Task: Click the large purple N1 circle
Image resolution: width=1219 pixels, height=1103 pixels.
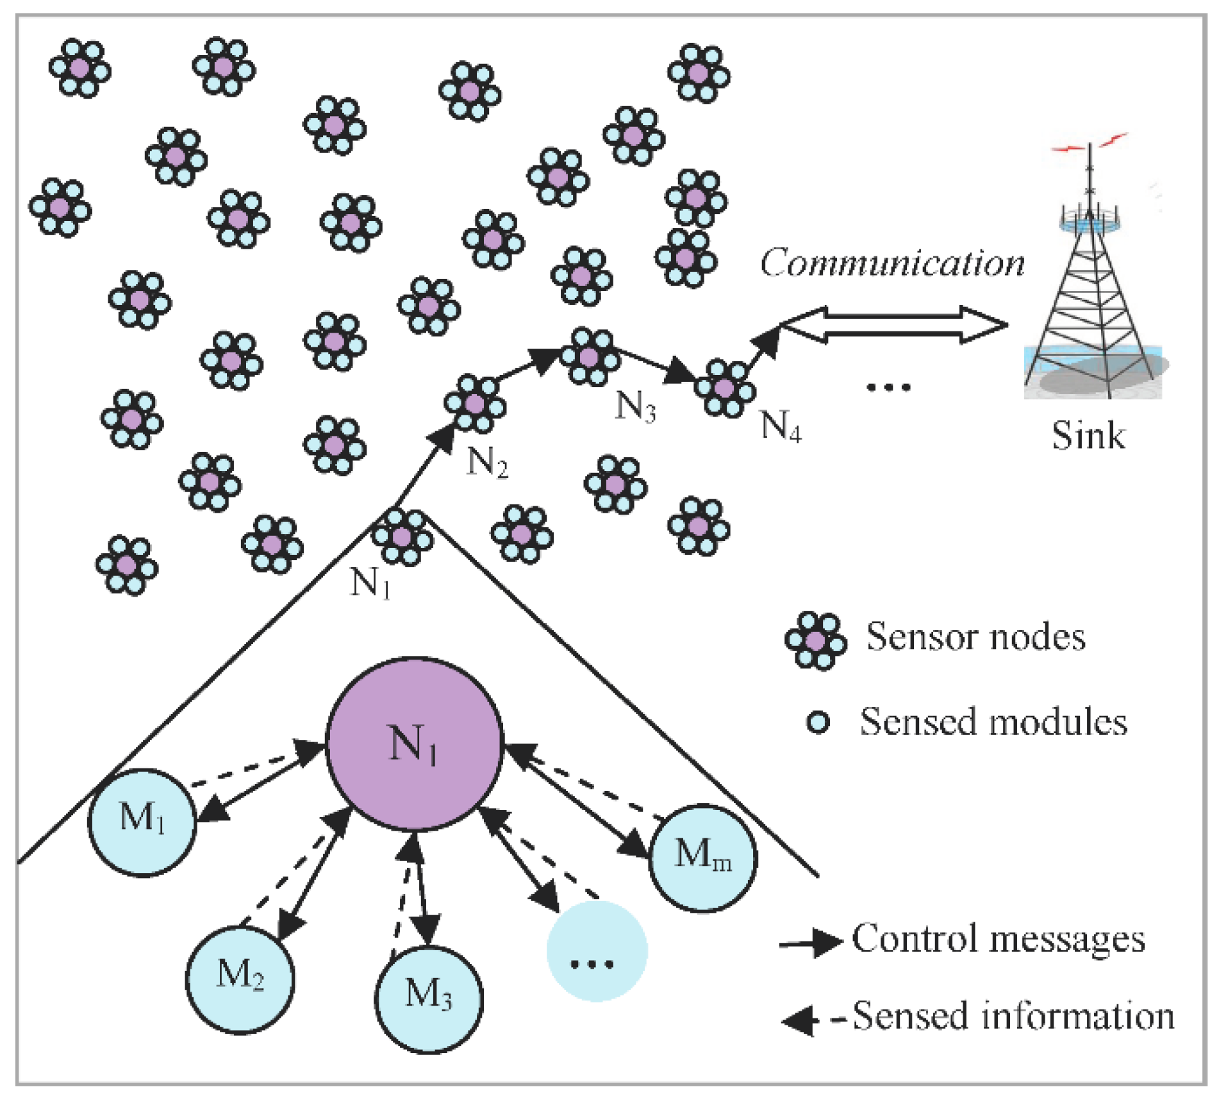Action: tap(415, 743)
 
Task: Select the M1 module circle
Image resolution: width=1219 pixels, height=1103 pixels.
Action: tap(142, 822)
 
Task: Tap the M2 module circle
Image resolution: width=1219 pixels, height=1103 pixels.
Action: tap(240, 979)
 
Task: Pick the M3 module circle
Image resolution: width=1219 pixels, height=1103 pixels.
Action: tap(429, 998)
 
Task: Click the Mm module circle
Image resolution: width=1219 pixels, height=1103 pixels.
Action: tap(703, 858)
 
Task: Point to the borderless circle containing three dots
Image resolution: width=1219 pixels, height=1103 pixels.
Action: tap(597, 950)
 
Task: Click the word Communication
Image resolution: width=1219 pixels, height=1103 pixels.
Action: tap(892, 263)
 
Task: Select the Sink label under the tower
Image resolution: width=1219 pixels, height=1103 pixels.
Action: tap(1088, 436)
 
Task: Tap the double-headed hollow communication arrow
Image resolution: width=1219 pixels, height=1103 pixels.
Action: tap(894, 325)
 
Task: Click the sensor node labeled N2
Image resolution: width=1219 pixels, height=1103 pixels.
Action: tap(475, 404)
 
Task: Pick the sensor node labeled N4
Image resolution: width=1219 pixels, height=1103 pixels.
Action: tap(725, 388)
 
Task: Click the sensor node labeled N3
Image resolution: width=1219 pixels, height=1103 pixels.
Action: tap(590, 356)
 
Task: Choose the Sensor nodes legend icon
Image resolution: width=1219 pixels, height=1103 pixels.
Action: tap(815, 641)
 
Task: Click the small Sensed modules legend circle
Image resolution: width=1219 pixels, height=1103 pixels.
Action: tap(818, 723)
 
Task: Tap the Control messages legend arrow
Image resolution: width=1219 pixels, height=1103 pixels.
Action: tap(811, 942)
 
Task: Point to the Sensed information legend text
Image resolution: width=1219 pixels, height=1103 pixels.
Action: tap(1013, 1016)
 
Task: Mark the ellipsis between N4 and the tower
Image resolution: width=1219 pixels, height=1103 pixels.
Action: tap(888, 386)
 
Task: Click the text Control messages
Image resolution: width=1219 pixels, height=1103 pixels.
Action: tap(998, 939)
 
